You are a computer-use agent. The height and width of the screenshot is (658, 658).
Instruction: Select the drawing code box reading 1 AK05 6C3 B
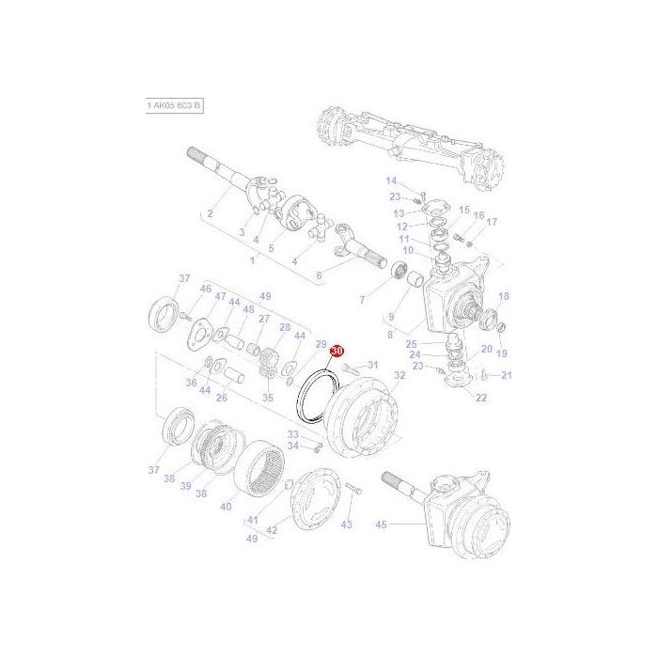coord(174,106)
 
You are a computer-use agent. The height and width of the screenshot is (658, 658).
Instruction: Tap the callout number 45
coord(381,525)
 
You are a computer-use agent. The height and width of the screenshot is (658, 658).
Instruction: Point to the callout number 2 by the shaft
coord(210,213)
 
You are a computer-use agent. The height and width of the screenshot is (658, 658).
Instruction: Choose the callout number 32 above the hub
coord(399,374)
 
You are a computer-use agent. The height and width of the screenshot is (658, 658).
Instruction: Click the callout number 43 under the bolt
coord(347,524)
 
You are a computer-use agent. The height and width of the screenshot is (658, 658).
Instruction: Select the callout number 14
coord(391,180)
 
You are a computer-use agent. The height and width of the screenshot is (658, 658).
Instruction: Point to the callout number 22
coord(481,399)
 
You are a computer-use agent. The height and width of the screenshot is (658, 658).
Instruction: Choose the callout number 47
coord(221,296)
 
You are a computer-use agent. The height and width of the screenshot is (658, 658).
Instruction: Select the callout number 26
coord(222,397)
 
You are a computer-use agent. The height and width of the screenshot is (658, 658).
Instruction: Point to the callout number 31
coord(372,365)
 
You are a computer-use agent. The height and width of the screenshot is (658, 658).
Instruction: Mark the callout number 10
coord(408,250)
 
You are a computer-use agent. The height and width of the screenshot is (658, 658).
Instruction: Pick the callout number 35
coord(268,398)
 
